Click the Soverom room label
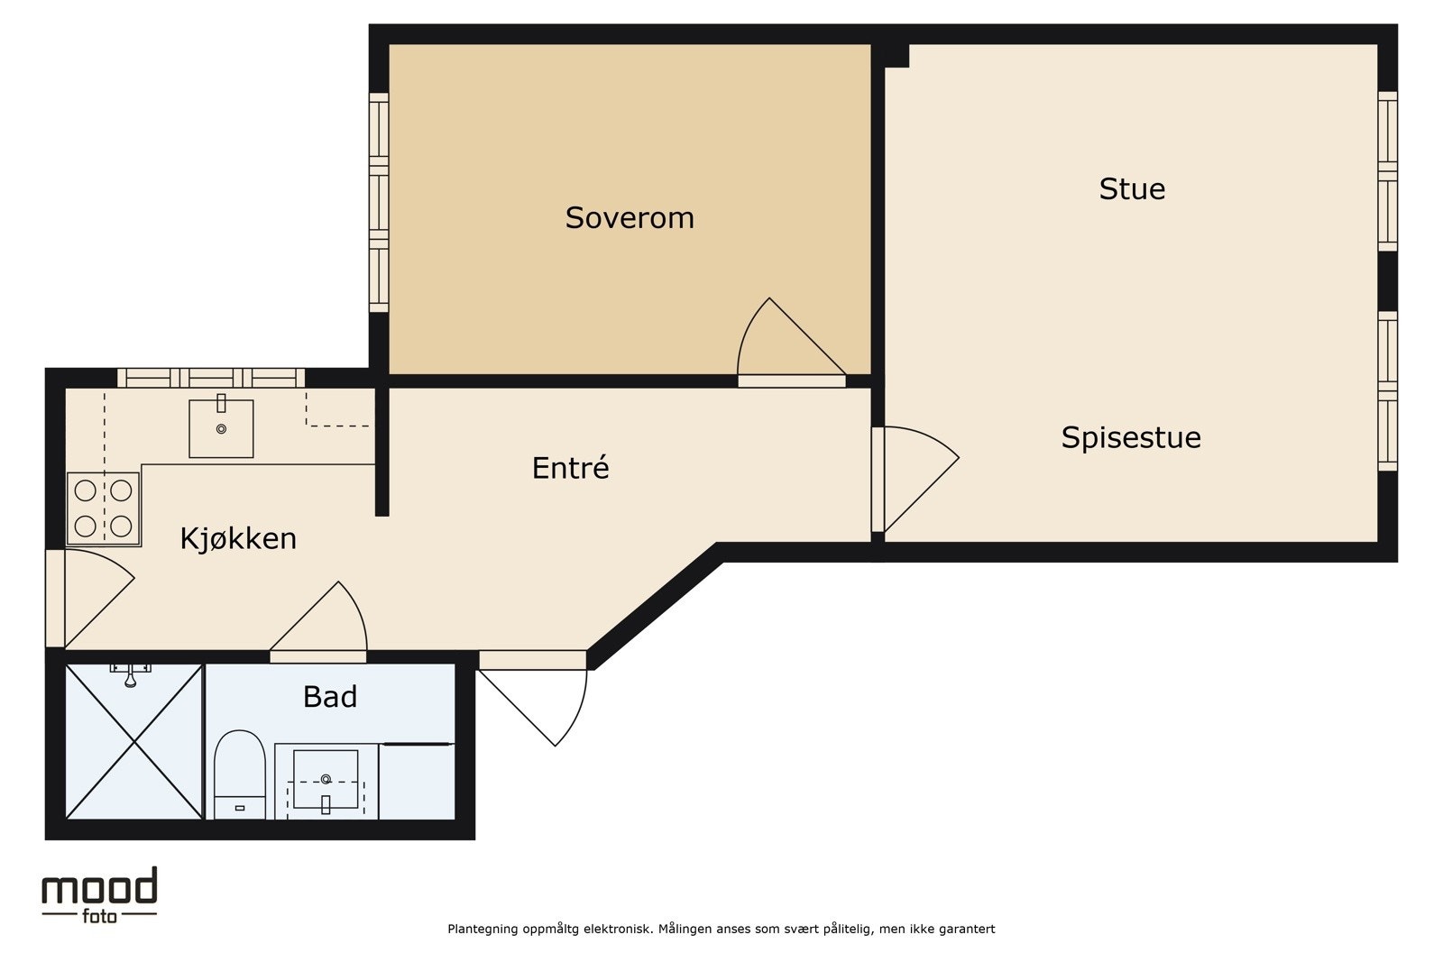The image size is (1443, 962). pos(630,217)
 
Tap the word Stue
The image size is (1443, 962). pos(1132,188)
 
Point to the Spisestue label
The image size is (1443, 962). pos(1131,438)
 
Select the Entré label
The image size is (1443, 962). pos(570,467)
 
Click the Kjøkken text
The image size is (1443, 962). pos(238,538)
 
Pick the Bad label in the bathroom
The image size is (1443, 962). pos(330,697)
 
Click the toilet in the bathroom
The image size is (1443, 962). pos(240,774)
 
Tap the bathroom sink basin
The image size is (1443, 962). pos(326,779)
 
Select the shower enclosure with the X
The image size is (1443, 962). pos(134,742)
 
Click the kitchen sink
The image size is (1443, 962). pos(221,428)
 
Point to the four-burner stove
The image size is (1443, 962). pos(103,508)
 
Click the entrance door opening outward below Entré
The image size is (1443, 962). pos(576,715)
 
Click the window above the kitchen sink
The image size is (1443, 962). pos(211,378)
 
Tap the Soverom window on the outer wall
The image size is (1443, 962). pos(379,202)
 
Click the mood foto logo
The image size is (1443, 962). pos(99,895)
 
